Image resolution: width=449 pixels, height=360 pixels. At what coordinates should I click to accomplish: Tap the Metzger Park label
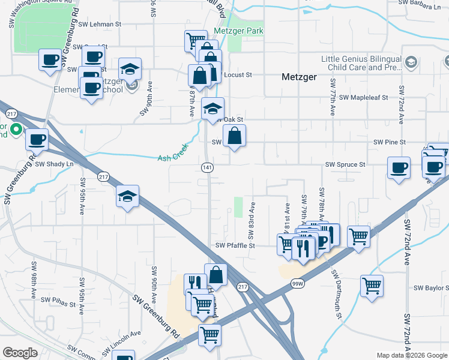(238, 30)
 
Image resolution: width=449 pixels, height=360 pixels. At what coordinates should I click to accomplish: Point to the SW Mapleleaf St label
(364, 97)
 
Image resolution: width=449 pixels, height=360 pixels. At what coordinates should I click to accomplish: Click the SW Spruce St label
(345, 164)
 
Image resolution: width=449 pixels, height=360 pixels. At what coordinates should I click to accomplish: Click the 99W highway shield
(297, 283)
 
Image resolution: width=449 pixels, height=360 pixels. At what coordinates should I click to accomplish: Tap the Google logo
(20, 353)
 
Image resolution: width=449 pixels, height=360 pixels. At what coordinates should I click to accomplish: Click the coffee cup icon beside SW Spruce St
(399, 167)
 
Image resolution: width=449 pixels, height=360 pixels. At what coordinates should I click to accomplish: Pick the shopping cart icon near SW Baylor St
(372, 286)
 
